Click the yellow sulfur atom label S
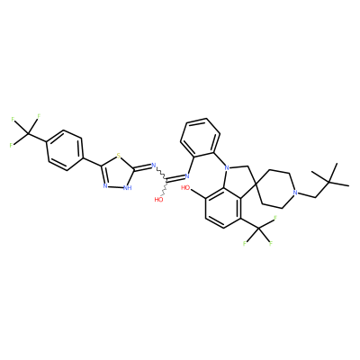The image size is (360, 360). pyautogui.click(x=119, y=156)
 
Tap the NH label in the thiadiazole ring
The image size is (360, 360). pyautogui.click(x=128, y=188)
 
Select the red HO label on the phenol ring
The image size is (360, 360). pyautogui.click(x=185, y=188)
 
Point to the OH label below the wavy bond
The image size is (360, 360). pyautogui.click(x=159, y=199)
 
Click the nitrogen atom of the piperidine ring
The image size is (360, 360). pyautogui.click(x=295, y=193)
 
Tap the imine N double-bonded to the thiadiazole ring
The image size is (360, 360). pyautogui.click(x=154, y=166)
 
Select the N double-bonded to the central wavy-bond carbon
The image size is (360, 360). pyautogui.click(x=188, y=175)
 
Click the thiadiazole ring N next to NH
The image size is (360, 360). pyautogui.click(x=105, y=186)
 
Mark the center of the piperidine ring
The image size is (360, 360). pyautogui.click(x=275, y=190)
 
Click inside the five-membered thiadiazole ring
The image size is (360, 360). pyautogui.click(x=117, y=174)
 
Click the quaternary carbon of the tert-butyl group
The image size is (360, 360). pyautogui.click(x=328, y=182)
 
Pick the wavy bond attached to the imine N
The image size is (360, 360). pyautogui.click(x=162, y=175)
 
